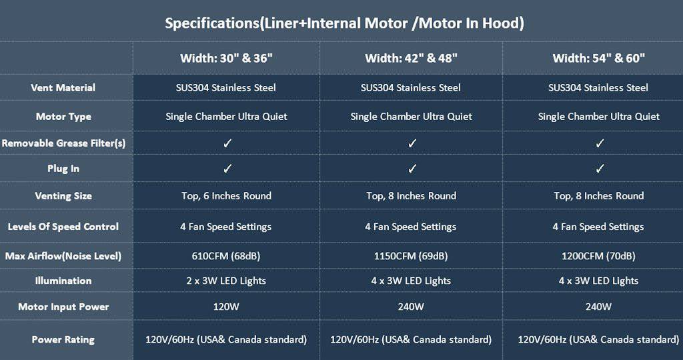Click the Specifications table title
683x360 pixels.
[x=344, y=23]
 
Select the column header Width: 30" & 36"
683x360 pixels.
[x=226, y=58]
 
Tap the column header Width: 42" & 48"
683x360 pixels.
[x=411, y=58]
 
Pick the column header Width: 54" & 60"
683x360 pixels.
[x=598, y=58]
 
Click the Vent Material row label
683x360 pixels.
[x=63, y=88]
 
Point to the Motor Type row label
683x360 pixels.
[x=63, y=117]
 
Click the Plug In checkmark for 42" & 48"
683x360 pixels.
[x=412, y=169]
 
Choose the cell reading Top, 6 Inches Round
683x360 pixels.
[x=226, y=196]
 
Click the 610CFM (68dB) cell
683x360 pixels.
[x=226, y=256]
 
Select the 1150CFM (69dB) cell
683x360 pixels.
[x=411, y=256]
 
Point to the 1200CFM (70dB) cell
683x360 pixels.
[x=598, y=256]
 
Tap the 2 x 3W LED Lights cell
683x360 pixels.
[x=226, y=281]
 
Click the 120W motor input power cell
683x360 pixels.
[x=226, y=307]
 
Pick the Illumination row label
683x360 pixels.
[x=63, y=281]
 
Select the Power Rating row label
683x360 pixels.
[x=63, y=340]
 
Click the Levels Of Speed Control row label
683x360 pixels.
[x=63, y=227]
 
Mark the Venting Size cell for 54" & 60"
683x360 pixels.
[x=598, y=196]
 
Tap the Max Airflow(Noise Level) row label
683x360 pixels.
[x=63, y=256]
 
